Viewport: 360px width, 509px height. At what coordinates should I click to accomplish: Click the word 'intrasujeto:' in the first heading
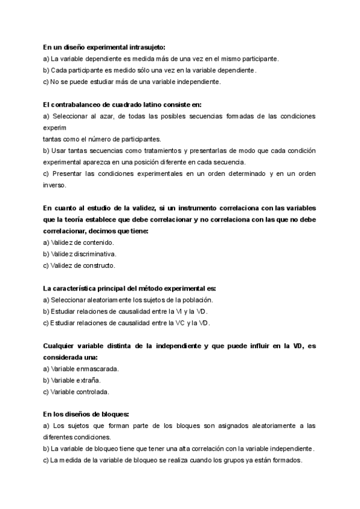[146, 47]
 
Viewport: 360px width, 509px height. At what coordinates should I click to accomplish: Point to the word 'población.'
[197, 300]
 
